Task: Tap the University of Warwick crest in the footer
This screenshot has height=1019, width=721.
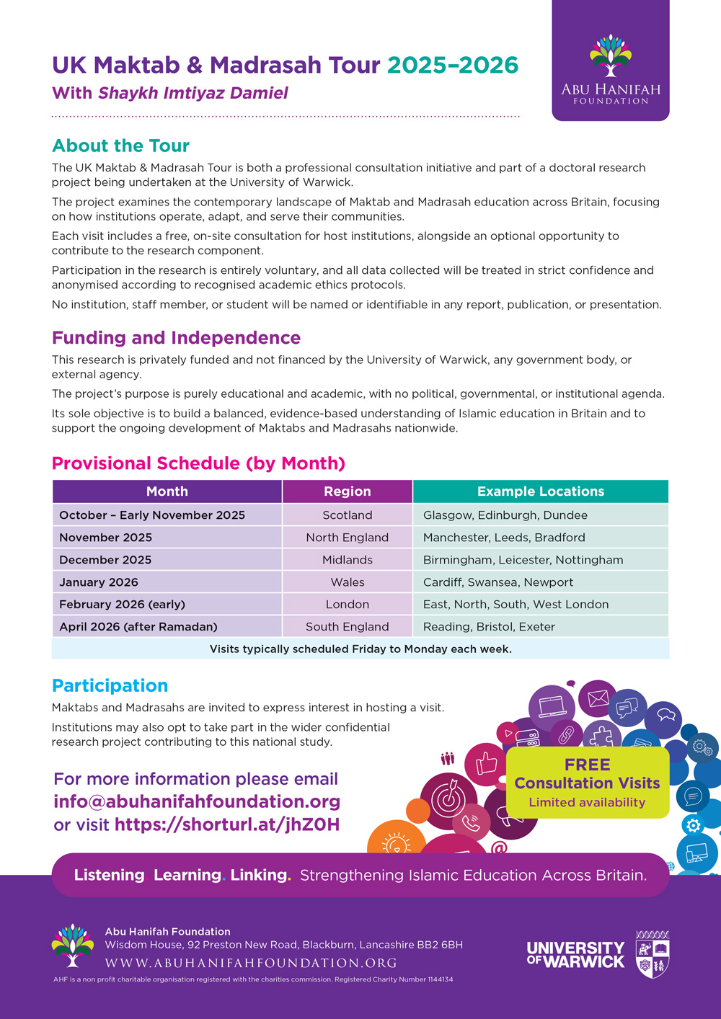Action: click(652, 954)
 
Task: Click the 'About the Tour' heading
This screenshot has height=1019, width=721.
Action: click(120, 146)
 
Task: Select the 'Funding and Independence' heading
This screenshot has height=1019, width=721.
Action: click(176, 338)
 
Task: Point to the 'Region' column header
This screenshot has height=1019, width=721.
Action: click(347, 491)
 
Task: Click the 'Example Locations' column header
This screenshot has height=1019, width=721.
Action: click(540, 491)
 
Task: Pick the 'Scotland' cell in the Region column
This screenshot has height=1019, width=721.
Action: click(347, 515)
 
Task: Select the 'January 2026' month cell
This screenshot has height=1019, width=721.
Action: click(99, 582)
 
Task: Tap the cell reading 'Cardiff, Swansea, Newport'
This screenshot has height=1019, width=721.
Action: click(498, 582)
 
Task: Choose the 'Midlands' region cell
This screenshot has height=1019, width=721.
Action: click(347, 560)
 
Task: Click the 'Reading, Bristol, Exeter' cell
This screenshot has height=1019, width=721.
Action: click(489, 627)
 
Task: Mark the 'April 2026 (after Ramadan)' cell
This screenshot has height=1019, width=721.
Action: click(138, 627)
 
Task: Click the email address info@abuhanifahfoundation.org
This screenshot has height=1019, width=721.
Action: click(197, 801)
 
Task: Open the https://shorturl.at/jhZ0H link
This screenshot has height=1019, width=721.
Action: click(226, 824)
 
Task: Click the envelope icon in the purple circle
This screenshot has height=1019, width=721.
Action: click(598, 698)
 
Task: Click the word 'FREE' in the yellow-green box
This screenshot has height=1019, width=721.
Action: click(587, 765)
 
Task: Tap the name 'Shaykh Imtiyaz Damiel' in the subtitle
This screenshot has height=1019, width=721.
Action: click(193, 93)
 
